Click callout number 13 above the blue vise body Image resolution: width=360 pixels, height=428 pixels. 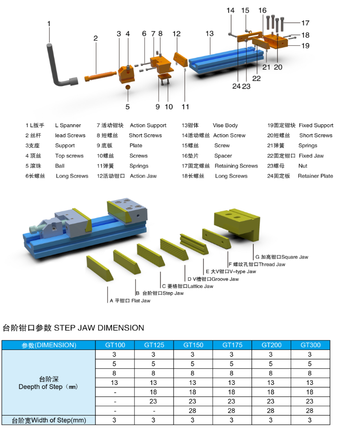coord(209,33)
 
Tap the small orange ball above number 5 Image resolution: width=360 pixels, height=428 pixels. coord(128,88)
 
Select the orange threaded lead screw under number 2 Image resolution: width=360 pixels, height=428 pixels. coord(100,76)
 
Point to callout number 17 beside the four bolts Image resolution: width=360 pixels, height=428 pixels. coord(305,23)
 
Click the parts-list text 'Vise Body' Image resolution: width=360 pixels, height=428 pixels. coord(225,125)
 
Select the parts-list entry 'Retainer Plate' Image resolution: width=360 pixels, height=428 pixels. coord(315,176)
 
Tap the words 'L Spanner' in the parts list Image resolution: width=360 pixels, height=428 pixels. coord(68,125)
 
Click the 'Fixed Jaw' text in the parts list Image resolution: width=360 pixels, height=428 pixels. coord(311,156)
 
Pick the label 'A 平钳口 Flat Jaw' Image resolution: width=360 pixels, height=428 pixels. coord(130,300)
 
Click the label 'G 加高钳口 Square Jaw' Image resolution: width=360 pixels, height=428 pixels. coord(282,257)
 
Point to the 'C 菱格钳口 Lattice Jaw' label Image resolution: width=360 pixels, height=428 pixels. coord(187,286)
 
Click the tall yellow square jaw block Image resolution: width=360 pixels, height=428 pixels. coord(237,224)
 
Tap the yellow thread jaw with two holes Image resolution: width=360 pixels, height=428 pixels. coord(217,239)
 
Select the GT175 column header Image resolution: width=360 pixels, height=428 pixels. coord(232,345)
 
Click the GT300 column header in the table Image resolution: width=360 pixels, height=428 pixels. coord(310,345)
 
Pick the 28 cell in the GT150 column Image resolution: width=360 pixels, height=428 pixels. coord(192,411)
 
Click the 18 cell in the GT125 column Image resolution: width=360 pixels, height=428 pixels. coord(153,392)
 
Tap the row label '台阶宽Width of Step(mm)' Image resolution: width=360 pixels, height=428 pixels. coord(49,420)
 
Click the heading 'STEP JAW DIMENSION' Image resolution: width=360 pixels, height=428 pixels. coord(99,328)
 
